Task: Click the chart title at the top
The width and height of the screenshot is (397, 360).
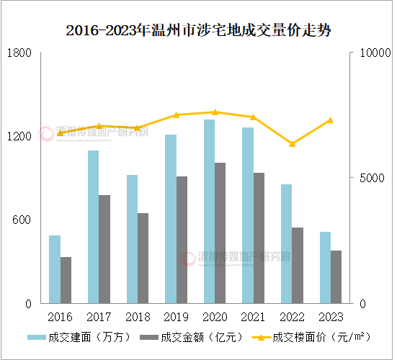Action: (198, 30)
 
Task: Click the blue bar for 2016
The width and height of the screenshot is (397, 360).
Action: (55, 269)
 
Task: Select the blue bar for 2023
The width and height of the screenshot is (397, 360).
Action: (325, 267)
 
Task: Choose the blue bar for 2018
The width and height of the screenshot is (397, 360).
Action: (132, 239)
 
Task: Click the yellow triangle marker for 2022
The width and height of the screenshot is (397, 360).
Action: (292, 144)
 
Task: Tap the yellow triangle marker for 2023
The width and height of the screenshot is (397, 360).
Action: (330, 120)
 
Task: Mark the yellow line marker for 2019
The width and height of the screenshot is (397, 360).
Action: (176, 115)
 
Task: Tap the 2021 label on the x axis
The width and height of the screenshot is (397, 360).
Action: (253, 317)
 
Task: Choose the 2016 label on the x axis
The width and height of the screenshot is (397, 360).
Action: (61, 317)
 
